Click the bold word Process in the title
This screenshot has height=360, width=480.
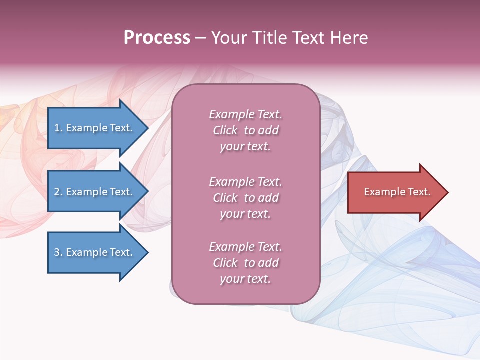(x=157, y=38)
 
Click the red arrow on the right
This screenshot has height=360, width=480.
(x=395, y=192)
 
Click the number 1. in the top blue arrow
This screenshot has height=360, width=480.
(x=58, y=128)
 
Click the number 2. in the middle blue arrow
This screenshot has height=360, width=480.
(x=58, y=192)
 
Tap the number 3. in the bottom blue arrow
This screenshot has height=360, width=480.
(x=58, y=252)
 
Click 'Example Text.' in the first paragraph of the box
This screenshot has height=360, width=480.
(x=245, y=114)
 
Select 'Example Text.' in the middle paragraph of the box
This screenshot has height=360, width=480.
(x=245, y=182)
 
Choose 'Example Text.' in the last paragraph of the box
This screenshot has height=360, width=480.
(x=245, y=247)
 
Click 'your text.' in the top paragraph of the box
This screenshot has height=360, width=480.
(x=245, y=147)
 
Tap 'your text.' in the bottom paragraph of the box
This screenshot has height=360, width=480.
(x=245, y=279)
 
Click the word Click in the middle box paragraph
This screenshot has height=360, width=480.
(x=225, y=198)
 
